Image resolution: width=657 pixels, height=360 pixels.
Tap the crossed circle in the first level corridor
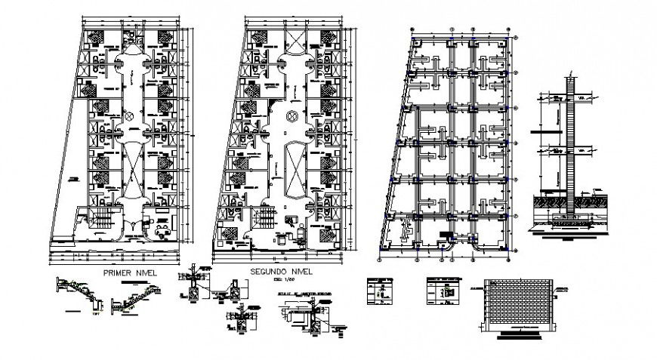129,116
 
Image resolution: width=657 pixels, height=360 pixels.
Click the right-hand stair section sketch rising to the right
136,297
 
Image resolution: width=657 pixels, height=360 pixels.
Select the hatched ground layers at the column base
570,202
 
